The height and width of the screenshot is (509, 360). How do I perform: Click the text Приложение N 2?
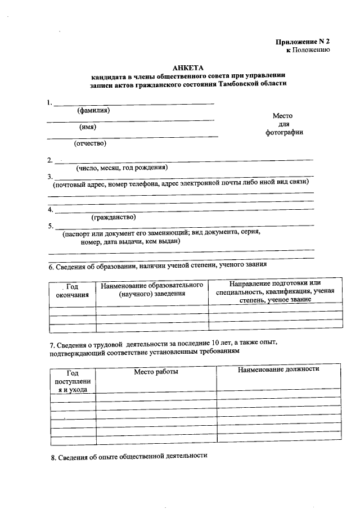pos(302,42)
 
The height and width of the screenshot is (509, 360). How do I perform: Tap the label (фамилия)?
pos(93,110)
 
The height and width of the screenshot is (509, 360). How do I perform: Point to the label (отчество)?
pos(91,143)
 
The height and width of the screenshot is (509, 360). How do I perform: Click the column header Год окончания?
pos(72,291)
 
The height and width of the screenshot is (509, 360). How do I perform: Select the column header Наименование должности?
pos(278,369)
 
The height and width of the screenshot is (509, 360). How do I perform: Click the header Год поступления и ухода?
pos(73,381)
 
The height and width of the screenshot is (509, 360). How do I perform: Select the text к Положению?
pos(308,50)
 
